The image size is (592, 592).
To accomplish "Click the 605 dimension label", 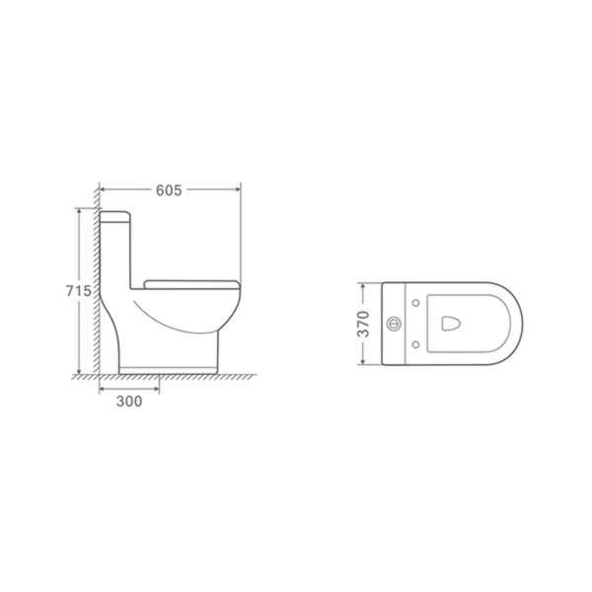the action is point(169,190).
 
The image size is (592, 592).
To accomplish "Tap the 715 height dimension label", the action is point(79,291).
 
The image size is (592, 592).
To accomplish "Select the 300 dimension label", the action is point(129,401).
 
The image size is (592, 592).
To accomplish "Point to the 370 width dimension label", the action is point(363,324).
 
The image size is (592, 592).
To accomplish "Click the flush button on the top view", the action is point(393,324).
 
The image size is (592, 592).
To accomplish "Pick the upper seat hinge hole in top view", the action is point(416,303).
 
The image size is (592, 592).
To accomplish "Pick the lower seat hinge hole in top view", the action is point(416,344).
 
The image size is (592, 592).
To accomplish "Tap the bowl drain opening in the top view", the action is point(451,324).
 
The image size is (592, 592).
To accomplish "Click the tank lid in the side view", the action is point(115,217).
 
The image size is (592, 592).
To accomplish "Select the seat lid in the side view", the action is point(192,285).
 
